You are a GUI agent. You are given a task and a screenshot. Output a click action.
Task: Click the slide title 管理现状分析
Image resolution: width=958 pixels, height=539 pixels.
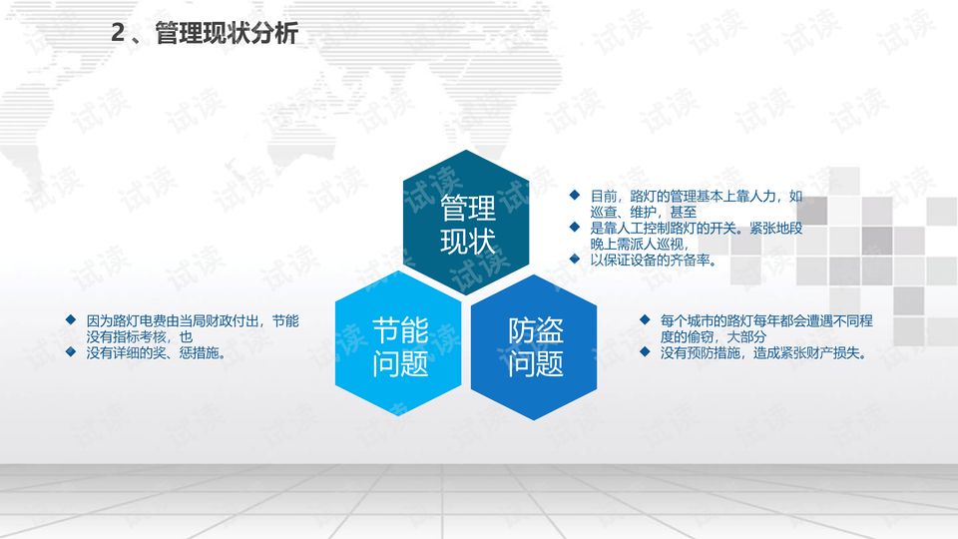pyautogui.click(x=227, y=33)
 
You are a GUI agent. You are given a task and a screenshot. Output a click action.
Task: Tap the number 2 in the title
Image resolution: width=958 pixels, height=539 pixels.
pyautogui.click(x=118, y=33)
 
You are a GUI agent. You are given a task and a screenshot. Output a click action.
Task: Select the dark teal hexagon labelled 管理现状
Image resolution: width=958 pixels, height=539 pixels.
pyautogui.click(x=466, y=223)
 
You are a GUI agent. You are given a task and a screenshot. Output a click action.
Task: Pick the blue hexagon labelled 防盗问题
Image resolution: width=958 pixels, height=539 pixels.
pyautogui.click(x=534, y=347)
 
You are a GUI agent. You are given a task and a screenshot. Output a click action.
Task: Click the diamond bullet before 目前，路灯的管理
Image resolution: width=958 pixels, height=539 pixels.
pyautogui.click(x=575, y=195)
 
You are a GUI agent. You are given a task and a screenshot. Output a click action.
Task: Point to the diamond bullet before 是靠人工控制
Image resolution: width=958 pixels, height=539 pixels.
pyautogui.click(x=575, y=227)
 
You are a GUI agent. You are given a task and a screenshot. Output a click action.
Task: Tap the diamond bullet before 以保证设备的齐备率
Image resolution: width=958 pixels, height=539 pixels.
pyautogui.click(x=575, y=259)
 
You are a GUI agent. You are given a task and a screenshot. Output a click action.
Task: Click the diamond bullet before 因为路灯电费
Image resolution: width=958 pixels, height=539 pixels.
pyautogui.click(x=71, y=319)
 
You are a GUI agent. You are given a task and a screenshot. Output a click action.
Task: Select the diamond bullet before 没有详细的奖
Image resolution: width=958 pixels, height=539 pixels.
pyautogui.click(x=71, y=351)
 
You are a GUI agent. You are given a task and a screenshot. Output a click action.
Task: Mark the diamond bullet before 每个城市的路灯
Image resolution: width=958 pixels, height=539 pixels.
pyautogui.click(x=645, y=319)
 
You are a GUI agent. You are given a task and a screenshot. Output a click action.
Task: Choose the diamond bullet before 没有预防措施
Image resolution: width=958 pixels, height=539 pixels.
pyautogui.click(x=645, y=351)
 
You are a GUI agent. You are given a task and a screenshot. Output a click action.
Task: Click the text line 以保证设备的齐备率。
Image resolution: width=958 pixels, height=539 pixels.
pyautogui.click(x=653, y=260)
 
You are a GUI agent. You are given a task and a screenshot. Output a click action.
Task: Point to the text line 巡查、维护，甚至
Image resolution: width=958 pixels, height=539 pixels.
pyautogui.click(x=644, y=212)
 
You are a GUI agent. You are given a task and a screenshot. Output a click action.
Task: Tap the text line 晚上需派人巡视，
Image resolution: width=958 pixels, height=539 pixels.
pyautogui.click(x=640, y=244)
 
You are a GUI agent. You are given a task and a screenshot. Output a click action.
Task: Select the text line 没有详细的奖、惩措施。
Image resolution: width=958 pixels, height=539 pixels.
pyautogui.click(x=157, y=352)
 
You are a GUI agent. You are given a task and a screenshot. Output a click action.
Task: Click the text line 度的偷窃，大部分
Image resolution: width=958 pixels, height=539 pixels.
pyautogui.click(x=713, y=336)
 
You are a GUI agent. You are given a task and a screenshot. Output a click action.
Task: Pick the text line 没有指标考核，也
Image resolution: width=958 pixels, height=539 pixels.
pyautogui.click(x=140, y=336)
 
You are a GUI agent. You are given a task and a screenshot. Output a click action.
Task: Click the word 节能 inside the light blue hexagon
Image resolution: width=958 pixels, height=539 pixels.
pyautogui.click(x=400, y=330)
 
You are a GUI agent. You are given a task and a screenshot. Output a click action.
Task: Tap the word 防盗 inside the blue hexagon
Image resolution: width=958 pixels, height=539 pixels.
pyautogui.click(x=536, y=330)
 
